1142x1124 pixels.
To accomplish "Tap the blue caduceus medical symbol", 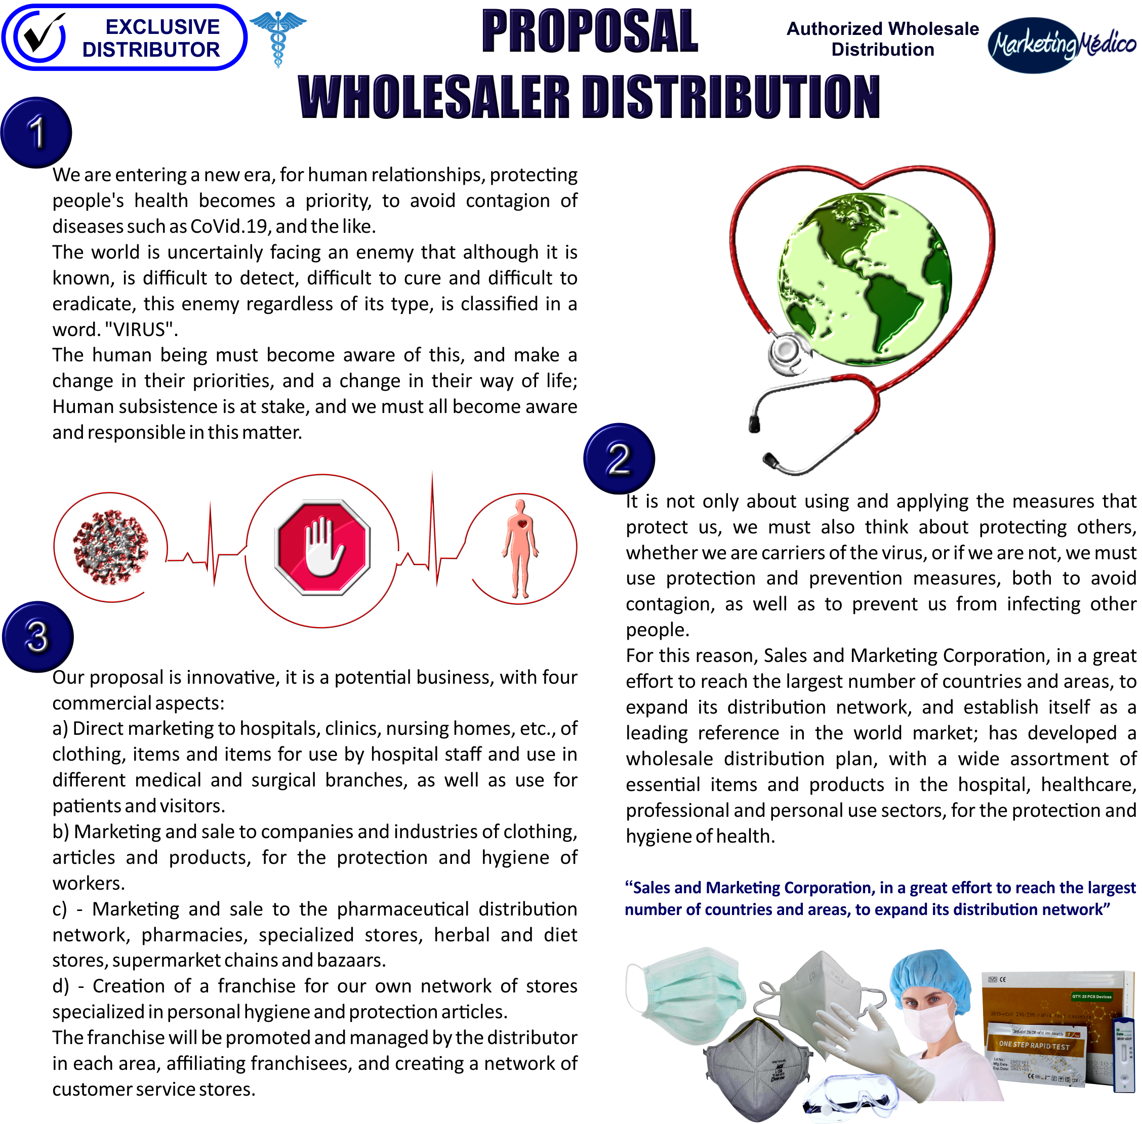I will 278,36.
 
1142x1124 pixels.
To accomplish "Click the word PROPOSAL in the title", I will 589,32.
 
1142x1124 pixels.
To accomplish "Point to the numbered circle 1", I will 36,132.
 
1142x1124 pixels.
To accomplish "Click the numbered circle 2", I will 618,458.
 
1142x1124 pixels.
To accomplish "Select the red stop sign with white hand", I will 322,547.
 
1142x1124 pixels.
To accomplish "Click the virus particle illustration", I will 110,547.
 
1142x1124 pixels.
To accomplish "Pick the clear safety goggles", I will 850,1097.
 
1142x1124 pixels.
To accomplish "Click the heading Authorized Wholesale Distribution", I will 882,39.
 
